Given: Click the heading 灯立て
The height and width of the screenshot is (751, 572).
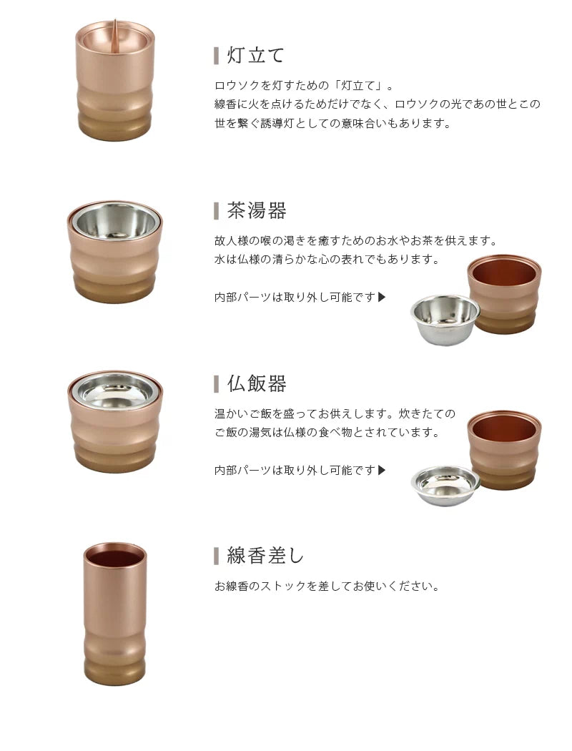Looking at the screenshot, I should coord(256,56).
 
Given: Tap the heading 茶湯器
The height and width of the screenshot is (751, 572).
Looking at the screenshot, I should coord(257,211).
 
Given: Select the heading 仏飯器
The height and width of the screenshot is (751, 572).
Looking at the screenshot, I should coord(257,383).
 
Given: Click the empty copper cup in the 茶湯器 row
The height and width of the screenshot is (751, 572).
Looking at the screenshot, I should coord(504,293).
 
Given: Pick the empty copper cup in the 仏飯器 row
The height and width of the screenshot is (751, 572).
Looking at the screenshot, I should coord(504,449).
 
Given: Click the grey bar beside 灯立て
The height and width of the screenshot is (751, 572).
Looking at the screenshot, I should coord(216,56).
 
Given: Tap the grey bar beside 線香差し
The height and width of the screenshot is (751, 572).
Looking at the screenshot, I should coord(216,555).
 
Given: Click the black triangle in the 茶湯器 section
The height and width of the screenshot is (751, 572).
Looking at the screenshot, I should coord(382,297).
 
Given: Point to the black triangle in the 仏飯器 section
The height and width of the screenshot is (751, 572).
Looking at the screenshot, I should coord(382,470).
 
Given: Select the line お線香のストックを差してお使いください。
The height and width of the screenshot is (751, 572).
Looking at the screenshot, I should coord(327,586).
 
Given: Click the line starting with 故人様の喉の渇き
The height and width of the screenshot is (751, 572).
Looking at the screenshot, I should coord(355,241).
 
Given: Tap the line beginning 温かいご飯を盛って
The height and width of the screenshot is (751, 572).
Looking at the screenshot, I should coord(335,414).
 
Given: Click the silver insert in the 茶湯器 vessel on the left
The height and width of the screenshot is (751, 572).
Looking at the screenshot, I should coord(114,222).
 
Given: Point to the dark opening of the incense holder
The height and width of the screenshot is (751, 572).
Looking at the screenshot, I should coord(114,555).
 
